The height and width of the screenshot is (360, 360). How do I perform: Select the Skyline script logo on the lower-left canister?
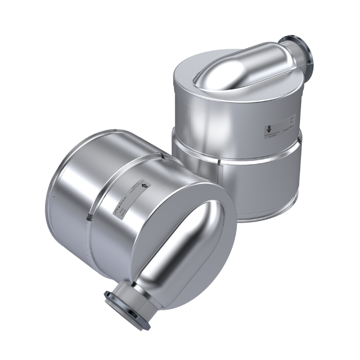[119, 204]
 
